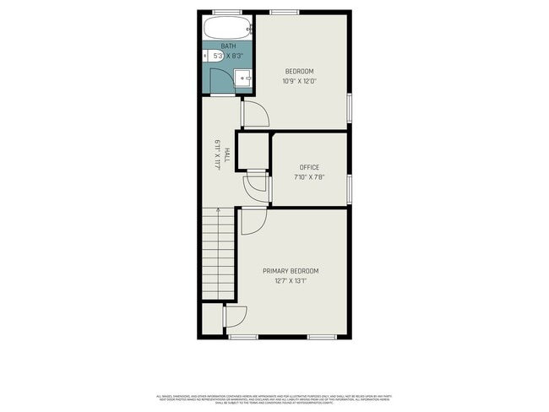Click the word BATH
tap(228, 46)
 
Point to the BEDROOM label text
tap(299, 71)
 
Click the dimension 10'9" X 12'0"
tap(299, 81)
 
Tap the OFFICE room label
tap(309, 167)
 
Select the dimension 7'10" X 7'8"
tap(309, 177)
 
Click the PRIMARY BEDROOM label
tap(291, 270)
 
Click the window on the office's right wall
tap(349, 187)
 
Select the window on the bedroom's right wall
tap(349, 108)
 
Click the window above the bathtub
tap(226, 12)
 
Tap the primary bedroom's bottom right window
tap(321, 337)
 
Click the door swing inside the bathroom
tap(220, 80)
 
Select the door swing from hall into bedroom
tap(255, 113)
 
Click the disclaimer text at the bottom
tap(274, 399)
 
